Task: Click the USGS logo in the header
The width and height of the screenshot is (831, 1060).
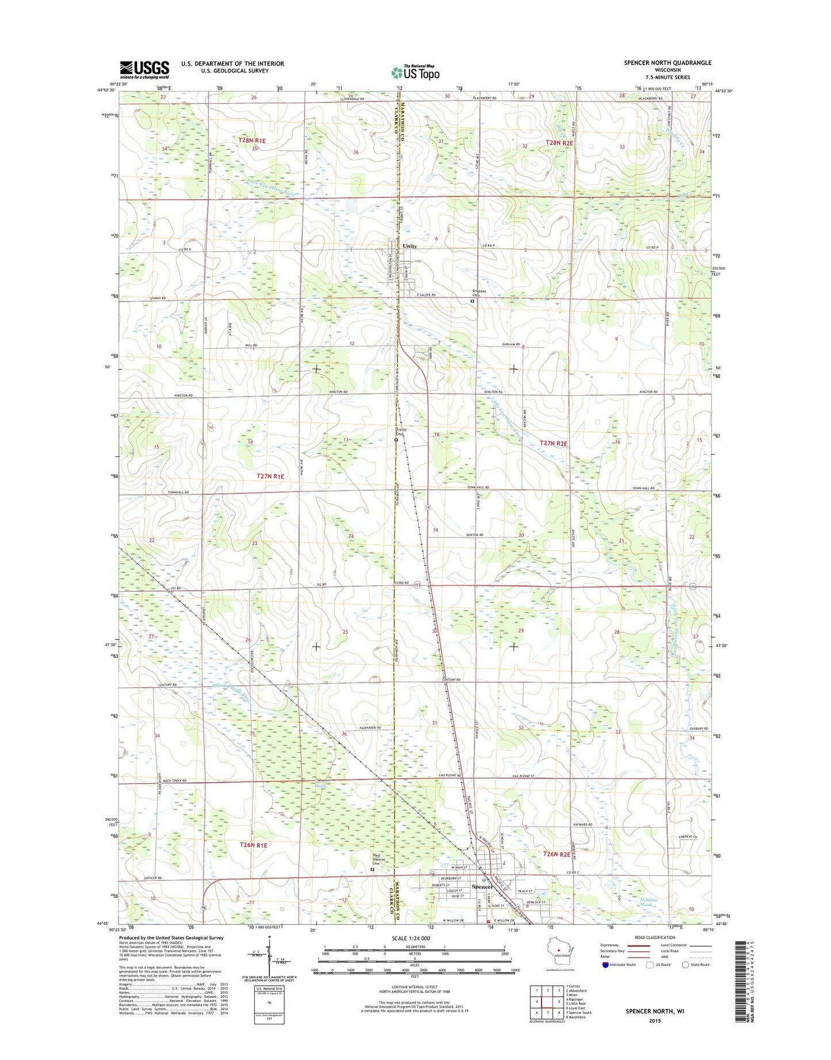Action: click(x=144, y=70)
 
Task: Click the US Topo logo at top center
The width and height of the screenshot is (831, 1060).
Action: click(x=415, y=73)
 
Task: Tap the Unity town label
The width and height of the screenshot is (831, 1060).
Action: click(x=409, y=246)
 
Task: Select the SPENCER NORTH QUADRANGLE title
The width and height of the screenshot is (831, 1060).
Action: click(x=667, y=63)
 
